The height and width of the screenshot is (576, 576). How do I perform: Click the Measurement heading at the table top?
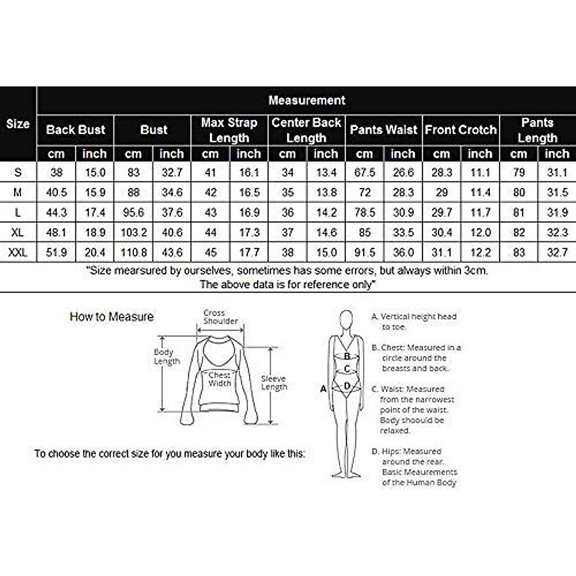(x=307, y=100)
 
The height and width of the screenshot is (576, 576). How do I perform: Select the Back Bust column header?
(x=75, y=130)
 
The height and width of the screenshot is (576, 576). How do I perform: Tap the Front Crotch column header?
(x=461, y=130)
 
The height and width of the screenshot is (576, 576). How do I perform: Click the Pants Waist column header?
(x=384, y=130)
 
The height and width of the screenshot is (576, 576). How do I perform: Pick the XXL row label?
(x=18, y=252)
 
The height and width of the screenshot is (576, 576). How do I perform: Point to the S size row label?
(x=18, y=172)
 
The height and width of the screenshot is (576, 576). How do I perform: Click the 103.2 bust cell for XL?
(x=133, y=232)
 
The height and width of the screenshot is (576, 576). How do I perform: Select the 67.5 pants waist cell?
(x=365, y=172)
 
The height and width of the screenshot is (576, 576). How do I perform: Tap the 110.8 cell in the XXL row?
(x=133, y=252)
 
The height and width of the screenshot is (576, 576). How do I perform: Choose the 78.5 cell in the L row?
(x=365, y=212)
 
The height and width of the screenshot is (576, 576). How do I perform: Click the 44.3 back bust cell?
(x=56, y=212)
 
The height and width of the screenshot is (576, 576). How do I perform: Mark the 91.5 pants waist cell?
(x=365, y=252)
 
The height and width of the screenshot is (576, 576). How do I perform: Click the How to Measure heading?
(x=111, y=317)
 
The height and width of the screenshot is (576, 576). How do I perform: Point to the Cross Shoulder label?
(x=220, y=317)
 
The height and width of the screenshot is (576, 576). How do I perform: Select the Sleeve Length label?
(x=274, y=383)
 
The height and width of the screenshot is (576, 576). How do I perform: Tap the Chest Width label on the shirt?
(x=219, y=379)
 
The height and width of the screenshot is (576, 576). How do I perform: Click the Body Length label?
(x=167, y=356)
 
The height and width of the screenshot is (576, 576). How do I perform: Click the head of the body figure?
(x=346, y=319)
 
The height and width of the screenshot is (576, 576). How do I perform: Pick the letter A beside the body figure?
(x=324, y=389)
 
